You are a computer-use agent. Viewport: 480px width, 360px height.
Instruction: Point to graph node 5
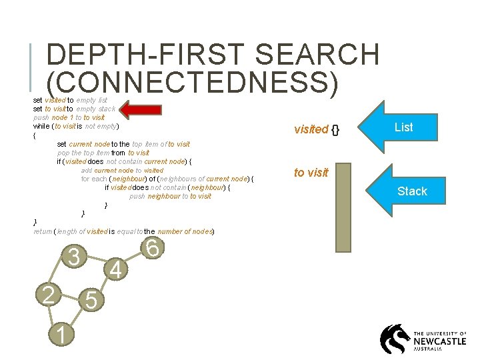coord(92,301)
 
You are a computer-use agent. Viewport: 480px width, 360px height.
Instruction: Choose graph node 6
coord(153,248)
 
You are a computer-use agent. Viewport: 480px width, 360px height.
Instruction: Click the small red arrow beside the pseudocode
coord(139,109)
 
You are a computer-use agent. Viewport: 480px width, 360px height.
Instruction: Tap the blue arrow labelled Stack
coord(406,191)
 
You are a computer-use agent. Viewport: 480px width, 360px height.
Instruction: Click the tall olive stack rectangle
coord(343,207)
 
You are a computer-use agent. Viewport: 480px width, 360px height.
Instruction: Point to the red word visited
coord(311,129)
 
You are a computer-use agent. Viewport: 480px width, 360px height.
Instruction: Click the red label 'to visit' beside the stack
coord(311,173)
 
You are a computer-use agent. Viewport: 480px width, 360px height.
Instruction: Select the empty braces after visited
coord(336,129)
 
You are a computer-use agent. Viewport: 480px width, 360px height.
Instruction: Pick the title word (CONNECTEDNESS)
coord(193,83)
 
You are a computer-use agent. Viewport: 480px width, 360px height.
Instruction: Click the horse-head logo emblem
coord(395,339)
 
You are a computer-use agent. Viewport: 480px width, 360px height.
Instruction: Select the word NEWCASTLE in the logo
coord(440,340)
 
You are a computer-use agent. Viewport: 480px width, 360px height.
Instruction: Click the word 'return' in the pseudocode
coord(43,231)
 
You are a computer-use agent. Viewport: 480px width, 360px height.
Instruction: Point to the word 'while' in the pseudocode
coord(41,126)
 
